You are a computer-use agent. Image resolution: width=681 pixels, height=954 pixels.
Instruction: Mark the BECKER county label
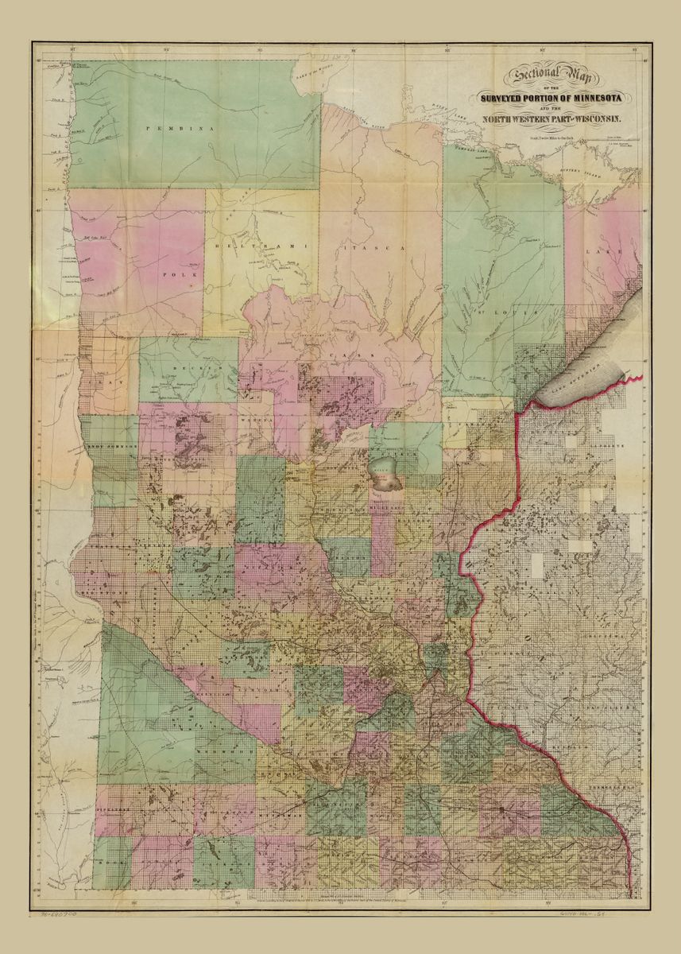[188, 370]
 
